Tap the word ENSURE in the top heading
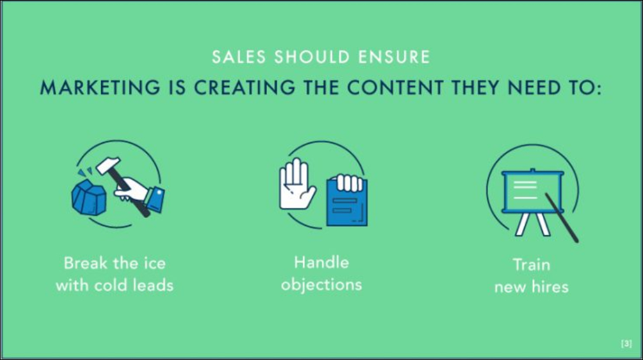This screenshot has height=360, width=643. [x=394, y=57]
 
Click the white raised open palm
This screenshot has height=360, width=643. [x=296, y=183]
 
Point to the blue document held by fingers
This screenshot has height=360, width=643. [x=346, y=203]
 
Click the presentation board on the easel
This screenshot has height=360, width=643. [x=532, y=192]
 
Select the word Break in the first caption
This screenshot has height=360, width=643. [x=85, y=262]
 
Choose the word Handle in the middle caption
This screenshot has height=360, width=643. [x=321, y=262]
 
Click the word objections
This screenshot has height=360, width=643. [x=321, y=285]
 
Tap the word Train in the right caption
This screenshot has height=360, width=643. [x=531, y=264]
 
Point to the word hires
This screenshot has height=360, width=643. [x=550, y=287]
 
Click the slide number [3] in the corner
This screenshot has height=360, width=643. [x=626, y=344]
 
